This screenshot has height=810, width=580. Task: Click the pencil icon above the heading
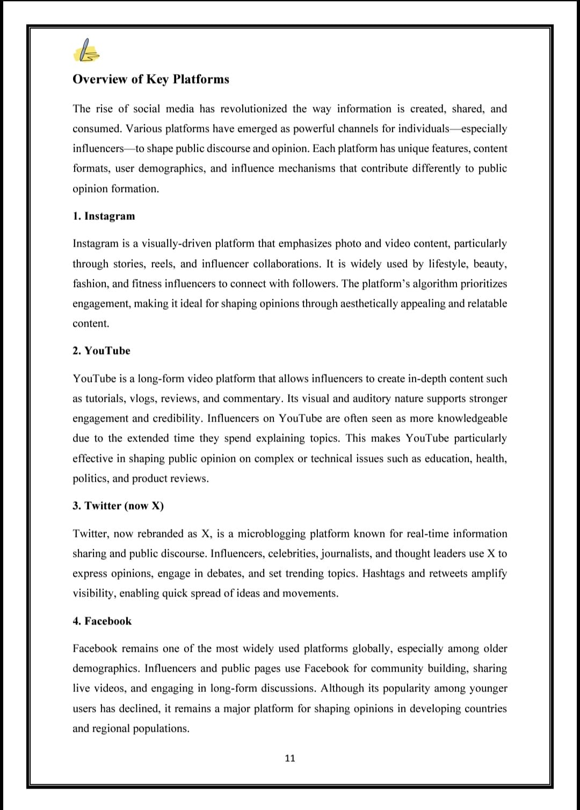tap(85, 51)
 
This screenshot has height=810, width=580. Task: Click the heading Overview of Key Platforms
tap(150, 79)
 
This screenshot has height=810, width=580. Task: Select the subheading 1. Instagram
tap(104, 216)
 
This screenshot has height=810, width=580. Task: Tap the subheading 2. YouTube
tap(102, 351)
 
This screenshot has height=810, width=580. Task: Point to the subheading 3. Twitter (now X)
tap(118, 506)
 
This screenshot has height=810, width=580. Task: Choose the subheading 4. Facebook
tap(102, 621)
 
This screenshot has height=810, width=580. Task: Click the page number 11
tap(290, 758)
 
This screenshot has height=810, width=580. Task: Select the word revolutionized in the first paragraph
tap(253, 109)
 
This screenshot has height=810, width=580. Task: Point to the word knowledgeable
tap(472, 418)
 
